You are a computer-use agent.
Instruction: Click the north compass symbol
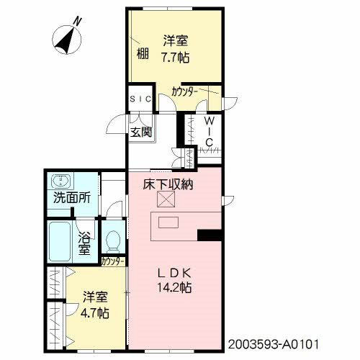point(67,39)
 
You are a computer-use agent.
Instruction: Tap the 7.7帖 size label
point(176,58)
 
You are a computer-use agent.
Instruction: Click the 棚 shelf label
point(143,53)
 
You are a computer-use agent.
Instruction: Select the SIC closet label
point(140,99)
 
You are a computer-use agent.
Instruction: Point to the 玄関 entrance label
point(141,132)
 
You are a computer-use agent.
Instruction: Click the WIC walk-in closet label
point(209,132)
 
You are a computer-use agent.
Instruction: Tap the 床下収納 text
point(168,184)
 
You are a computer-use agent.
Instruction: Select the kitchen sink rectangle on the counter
point(168,222)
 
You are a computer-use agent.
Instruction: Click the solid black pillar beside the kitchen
point(209,235)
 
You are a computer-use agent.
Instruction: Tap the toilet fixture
point(113,241)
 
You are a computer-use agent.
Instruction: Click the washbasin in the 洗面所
point(61,181)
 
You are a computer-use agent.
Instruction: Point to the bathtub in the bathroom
point(60,241)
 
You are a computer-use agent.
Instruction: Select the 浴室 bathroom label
point(84,244)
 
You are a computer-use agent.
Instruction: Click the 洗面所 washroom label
point(72,198)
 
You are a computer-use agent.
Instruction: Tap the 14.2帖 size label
point(174,287)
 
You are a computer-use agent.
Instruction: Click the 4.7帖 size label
point(95,313)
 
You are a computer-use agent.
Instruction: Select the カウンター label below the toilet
point(113,261)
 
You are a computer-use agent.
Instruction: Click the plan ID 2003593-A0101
point(274,345)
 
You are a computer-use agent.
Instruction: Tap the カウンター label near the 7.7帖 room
point(184,92)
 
